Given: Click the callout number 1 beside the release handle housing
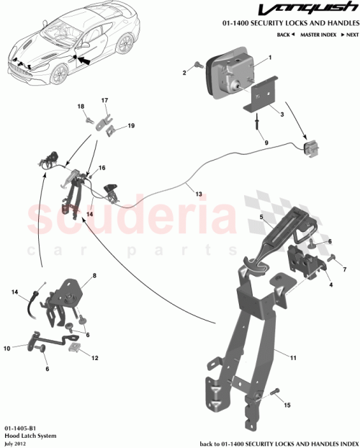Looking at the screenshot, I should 270,57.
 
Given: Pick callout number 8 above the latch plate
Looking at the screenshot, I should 94,275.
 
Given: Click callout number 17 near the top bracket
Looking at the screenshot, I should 104,100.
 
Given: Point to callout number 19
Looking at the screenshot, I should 131,126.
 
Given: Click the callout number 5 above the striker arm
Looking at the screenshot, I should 262,215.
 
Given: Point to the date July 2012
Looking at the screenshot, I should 14,442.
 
